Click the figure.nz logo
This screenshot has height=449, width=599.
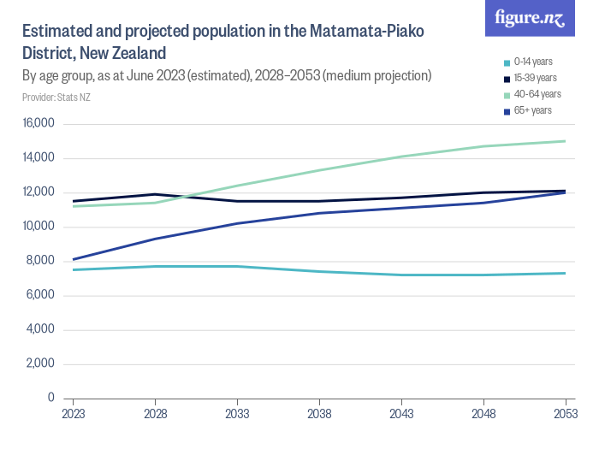[530, 19]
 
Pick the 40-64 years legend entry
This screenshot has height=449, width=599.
[537, 94]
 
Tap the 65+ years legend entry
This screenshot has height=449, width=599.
[533, 110]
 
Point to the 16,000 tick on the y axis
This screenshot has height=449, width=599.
[38, 124]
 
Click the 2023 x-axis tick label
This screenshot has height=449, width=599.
[73, 413]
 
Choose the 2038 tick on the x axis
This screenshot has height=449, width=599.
[319, 413]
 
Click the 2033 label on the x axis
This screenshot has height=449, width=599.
[237, 413]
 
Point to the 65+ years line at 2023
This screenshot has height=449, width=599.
[73, 259]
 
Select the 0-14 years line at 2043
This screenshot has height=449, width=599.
[401, 275]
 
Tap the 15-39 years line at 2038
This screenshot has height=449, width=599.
[319, 201]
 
